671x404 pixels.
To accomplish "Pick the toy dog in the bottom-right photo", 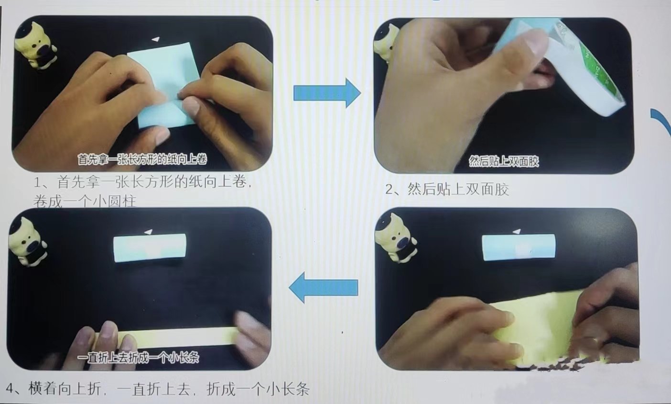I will coord(396,238).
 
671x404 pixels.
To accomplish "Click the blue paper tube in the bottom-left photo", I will coord(150,248).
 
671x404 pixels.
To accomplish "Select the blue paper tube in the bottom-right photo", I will coord(519,247).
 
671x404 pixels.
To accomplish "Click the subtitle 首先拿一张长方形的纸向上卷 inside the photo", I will coord(142,159).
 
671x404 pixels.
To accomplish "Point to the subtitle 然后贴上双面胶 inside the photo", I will coord(504,161).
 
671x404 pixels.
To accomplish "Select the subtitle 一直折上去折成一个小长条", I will coord(138,357).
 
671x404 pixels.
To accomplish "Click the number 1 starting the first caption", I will coord(39,182).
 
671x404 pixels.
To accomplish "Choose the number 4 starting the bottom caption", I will coord(11,388).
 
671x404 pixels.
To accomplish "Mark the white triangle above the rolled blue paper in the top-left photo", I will coord(155,39).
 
